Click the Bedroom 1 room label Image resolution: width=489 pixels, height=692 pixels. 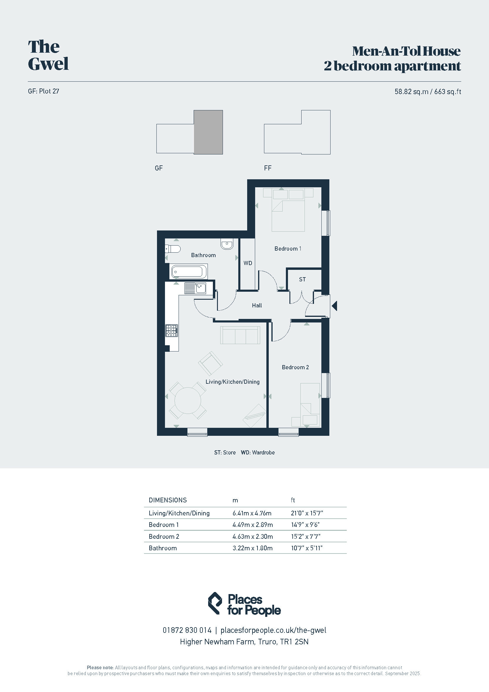point(288,249)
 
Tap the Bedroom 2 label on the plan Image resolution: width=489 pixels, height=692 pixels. point(295,367)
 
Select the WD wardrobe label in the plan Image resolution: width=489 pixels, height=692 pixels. point(248,263)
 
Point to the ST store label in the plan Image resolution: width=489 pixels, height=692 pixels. point(302,279)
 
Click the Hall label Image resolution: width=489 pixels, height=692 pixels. point(257,305)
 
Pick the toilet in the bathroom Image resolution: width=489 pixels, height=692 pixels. point(173,249)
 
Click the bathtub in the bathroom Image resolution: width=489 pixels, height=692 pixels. point(189,272)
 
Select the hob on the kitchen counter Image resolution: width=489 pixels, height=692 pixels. point(172,330)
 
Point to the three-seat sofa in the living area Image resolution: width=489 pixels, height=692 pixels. point(240,335)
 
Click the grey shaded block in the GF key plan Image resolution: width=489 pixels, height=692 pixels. point(208,132)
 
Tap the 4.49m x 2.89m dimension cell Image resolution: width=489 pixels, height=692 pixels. point(252,525)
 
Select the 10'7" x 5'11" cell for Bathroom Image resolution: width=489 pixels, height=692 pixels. point(307,548)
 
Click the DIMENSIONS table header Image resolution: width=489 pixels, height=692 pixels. point(168,500)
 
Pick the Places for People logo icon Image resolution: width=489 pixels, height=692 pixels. point(215,603)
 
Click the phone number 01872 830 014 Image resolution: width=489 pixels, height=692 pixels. point(187,630)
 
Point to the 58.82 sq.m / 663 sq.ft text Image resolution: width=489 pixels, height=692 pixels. point(428,92)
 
